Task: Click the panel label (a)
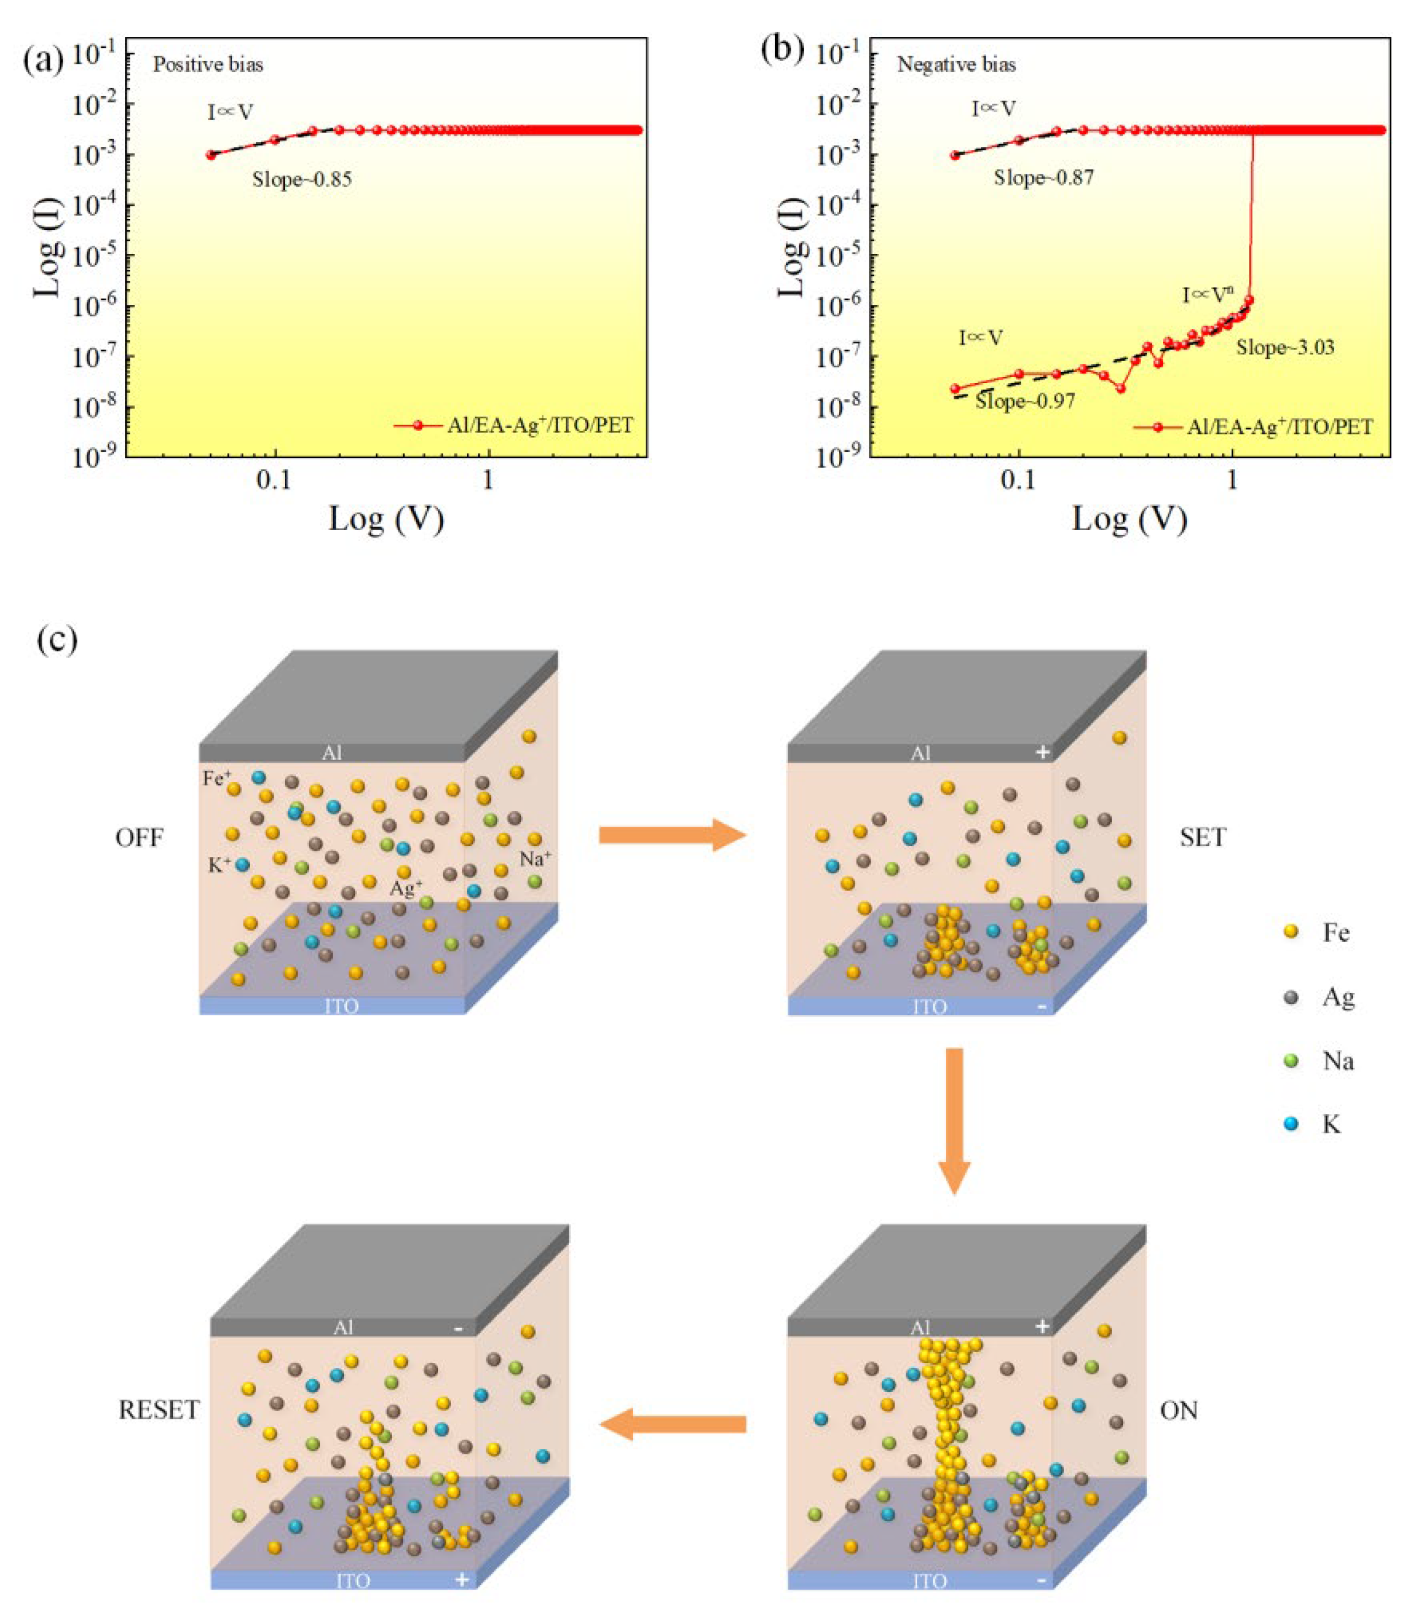[x=44, y=60]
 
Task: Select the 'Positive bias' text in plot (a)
[x=208, y=64]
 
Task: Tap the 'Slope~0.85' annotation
[x=302, y=180]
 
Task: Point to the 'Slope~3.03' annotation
[x=1285, y=347]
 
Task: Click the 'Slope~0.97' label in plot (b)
[x=1025, y=402]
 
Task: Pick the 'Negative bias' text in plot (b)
[x=956, y=64]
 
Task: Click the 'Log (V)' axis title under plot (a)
[x=386, y=520]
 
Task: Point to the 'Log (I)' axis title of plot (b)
[x=789, y=247]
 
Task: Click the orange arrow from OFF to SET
[x=672, y=834]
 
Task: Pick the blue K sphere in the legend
[x=1291, y=1123]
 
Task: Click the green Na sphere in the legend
[x=1291, y=1060]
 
